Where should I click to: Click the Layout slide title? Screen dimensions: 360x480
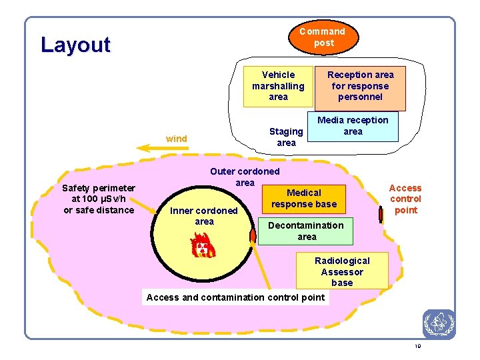point(75,45)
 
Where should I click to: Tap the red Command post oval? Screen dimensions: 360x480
point(323,37)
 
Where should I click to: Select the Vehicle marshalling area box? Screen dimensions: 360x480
point(278,86)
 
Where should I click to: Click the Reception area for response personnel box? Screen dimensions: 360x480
point(360,86)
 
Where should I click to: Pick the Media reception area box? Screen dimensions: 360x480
point(353,126)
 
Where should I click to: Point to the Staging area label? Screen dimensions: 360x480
point(286,137)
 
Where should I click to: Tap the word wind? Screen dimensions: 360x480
point(177,139)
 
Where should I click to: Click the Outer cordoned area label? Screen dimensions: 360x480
point(245,177)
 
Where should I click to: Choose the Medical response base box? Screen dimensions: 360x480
point(303,198)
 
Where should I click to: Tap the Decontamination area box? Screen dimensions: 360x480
point(306,231)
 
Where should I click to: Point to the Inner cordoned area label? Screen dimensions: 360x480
point(204,216)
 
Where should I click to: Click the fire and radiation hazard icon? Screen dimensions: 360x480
point(202,245)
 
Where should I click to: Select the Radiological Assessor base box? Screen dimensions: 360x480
point(342,271)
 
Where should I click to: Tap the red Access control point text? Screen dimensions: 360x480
point(405,199)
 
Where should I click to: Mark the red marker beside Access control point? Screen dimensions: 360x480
point(380,214)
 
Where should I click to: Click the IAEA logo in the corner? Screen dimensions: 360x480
point(439,324)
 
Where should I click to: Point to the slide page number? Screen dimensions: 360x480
point(417,346)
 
